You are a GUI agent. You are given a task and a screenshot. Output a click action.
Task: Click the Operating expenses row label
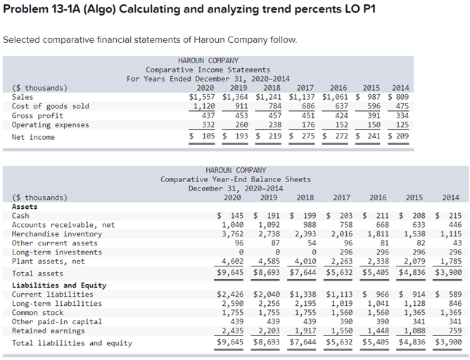51,125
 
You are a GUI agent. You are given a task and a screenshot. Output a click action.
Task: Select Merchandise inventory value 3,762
232,234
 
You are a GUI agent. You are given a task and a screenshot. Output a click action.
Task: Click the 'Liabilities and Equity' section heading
59,285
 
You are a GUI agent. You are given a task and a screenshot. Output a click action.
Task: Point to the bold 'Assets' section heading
25,207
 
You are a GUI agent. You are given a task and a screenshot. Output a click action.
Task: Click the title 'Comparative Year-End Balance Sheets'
235,179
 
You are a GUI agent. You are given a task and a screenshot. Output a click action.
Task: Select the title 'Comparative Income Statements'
208,70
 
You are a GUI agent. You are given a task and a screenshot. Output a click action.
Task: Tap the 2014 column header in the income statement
400,88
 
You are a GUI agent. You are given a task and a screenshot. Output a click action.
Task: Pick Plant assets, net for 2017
341,262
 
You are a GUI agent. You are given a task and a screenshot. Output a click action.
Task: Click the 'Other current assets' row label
55,243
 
